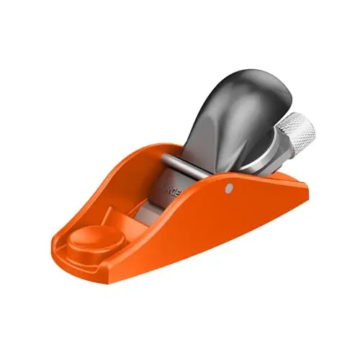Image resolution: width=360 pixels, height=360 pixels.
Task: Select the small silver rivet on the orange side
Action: tap(228, 188)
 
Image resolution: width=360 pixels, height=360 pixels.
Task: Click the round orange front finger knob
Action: tap(91, 241)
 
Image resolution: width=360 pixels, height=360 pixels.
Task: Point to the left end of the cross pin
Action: tap(164, 159)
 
